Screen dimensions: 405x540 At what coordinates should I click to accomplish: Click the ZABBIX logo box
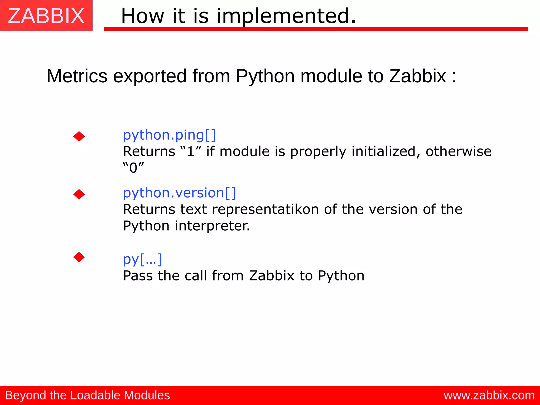click(46, 16)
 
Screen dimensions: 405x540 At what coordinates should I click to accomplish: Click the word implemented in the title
click(286, 16)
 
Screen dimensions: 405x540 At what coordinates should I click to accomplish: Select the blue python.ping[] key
click(170, 135)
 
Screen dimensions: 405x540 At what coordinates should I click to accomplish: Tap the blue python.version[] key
click(180, 193)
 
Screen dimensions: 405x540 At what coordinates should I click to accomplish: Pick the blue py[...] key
click(142, 259)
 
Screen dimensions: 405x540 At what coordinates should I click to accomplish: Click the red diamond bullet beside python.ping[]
click(79, 136)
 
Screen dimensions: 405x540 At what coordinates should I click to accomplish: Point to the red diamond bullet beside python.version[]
click(79, 194)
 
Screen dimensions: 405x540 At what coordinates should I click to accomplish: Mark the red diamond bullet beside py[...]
click(79, 257)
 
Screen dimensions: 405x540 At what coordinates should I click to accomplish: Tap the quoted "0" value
click(133, 168)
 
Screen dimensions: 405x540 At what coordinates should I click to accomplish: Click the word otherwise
click(458, 151)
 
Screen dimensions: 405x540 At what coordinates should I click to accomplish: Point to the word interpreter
click(212, 226)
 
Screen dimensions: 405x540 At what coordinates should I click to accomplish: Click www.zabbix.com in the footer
click(489, 396)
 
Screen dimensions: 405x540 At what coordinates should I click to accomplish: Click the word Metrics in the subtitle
click(77, 76)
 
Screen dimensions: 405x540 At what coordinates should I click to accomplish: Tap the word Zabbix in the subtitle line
click(417, 76)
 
